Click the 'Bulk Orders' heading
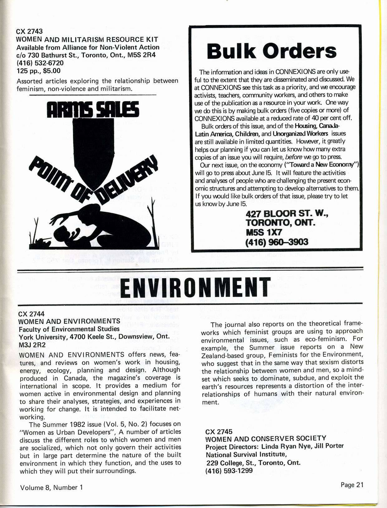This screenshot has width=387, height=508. [272, 51]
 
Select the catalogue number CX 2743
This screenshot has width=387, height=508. [29, 31]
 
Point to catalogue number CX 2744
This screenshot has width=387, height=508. [31, 314]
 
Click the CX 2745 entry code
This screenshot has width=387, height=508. [219, 432]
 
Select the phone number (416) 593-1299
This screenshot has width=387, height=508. [229, 471]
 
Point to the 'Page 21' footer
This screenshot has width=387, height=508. [352, 485]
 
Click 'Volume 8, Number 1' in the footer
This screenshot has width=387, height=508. [51, 487]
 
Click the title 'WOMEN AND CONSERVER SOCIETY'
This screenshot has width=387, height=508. [266, 438]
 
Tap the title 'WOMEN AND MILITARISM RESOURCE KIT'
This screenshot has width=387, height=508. [87, 39]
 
